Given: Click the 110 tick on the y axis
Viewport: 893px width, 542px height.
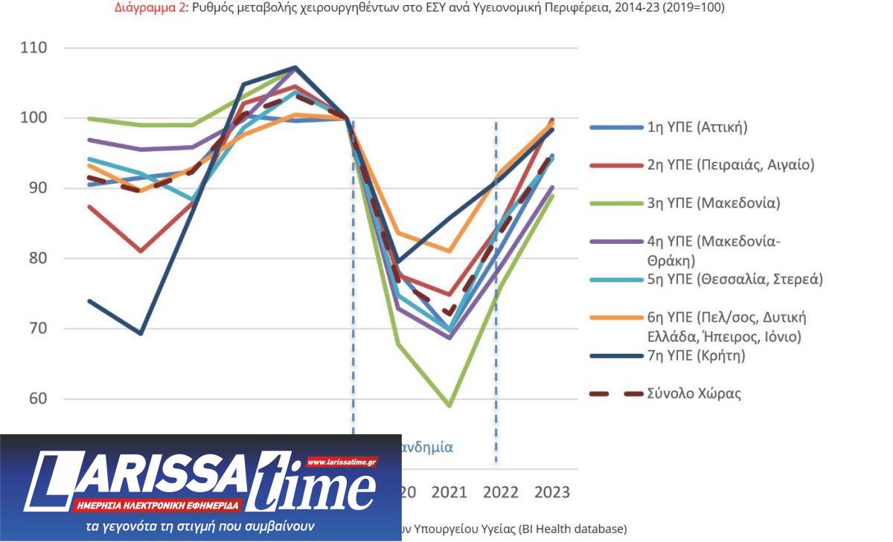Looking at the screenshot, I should click(x=33, y=48).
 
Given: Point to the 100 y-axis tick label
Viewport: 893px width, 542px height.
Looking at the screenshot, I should click(x=33, y=118).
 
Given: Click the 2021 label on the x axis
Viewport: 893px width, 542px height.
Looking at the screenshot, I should click(x=449, y=492).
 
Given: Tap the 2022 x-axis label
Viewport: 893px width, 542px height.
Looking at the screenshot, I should click(x=500, y=492).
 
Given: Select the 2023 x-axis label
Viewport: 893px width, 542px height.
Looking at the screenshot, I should click(x=552, y=492).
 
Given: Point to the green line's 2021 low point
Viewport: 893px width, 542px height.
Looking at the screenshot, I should click(x=449, y=406).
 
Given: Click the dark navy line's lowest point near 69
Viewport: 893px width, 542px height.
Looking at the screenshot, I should click(x=140, y=333).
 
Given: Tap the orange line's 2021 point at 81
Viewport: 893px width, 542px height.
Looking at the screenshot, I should click(x=449, y=251).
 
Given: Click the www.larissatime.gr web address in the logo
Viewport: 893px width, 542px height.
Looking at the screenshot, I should click(x=342, y=462).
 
